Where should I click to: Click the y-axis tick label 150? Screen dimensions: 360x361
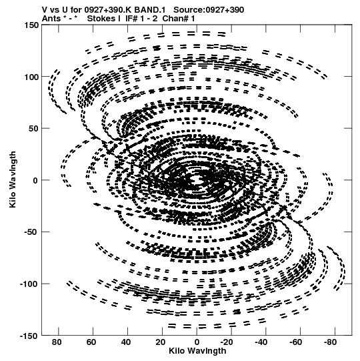click(x=31, y=25)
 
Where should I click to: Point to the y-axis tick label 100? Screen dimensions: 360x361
click(x=31, y=77)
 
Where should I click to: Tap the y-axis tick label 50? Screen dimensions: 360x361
click(x=33, y=129)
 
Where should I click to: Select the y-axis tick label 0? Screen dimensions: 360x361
click(x=35, y=180)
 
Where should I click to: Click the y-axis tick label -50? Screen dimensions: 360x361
click(x=31, y=232)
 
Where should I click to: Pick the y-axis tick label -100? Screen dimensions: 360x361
click(x=29, y=284)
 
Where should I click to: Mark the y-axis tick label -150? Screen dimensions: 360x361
click(x=29, y=336)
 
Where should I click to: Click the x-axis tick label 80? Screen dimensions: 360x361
click(x=57, y=342)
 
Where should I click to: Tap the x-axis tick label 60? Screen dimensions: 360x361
click(x=91, y=342)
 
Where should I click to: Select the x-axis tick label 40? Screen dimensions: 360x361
click(x=125, y=342)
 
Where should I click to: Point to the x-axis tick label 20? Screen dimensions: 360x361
click(x=160, y=342)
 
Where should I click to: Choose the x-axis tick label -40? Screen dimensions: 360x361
click(x=261, y=342)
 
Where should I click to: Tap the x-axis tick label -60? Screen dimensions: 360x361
click(x=296, y=342)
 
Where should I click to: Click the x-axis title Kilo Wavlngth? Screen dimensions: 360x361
click(x=197, y=351)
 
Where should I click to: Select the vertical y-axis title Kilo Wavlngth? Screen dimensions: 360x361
click(x=13, y=179)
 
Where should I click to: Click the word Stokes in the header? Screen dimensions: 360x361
click(x=103, y=19)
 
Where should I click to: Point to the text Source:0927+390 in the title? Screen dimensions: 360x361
click(x=209, y=10)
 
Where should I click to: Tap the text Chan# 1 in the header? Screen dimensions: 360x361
click(x=179, y=19)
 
